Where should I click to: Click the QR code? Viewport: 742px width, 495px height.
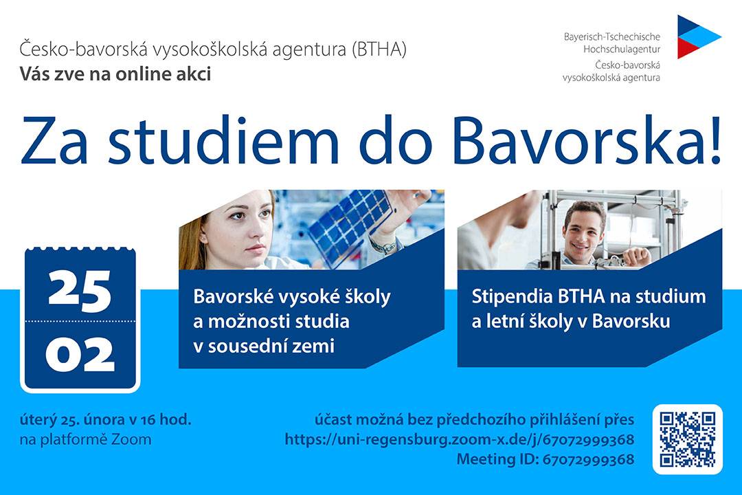tap(688, 439)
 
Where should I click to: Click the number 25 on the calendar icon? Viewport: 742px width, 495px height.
tap(80, 291)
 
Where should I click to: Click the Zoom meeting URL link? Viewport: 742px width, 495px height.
tap(460, 439)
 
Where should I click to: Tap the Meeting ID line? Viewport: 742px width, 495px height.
tap(545, 459)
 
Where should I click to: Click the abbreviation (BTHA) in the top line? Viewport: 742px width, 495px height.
tap(379, 49)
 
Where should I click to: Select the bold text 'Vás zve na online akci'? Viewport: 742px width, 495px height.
tap(115, 74)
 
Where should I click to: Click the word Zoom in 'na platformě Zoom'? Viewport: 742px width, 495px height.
tap(131, 439)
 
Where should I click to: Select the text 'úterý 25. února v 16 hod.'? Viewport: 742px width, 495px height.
tap(106, 419)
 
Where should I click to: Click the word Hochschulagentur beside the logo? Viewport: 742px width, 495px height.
tap(621, 49)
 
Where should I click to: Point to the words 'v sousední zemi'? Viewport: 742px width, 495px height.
tap(264, 346)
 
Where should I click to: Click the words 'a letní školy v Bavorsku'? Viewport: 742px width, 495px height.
tap(571, 322)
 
